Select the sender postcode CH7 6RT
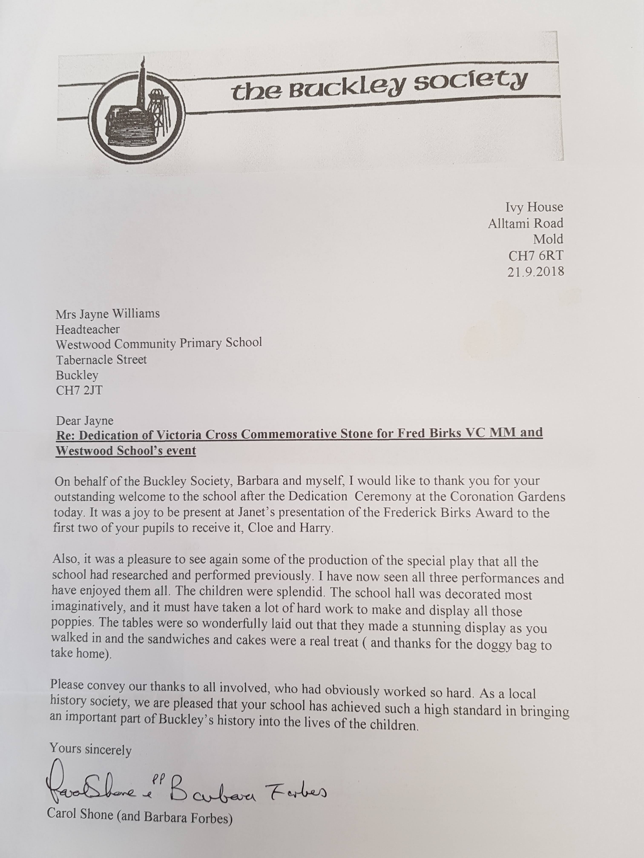pyautogui.click(x=536, y=255)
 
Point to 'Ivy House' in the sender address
pyautogui.click(x=534, y=207)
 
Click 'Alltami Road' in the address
pyautogui.click(x=525, y=223)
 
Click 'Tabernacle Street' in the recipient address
pyautogui.click(x=101, y=360)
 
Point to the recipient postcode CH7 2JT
pyautogui.click(x=79, y=390)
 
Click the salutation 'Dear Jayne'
pyautogui.click(x=85, y=420)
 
